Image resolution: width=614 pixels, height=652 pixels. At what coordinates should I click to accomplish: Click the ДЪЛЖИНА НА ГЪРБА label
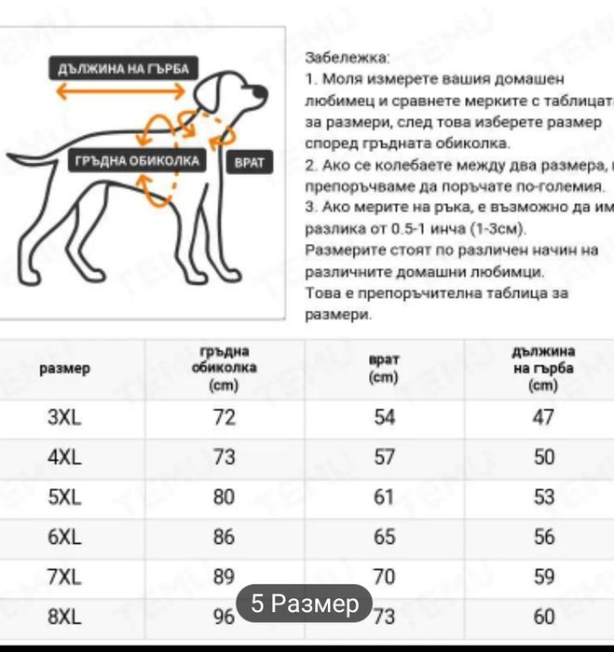pos(123,69)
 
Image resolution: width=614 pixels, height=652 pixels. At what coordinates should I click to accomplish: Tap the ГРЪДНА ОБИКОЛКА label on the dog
pos(137,161)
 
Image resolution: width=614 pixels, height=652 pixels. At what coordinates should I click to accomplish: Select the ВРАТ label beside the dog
pos(249,162)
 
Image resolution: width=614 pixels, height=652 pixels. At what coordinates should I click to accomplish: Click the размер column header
pos(65,369)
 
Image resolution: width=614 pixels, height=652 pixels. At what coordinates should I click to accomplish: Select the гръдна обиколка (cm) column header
pos(225,368)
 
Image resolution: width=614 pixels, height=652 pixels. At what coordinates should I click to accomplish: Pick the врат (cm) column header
pos(384,369)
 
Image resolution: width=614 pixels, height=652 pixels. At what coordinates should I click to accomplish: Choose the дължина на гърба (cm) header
pos(543,368)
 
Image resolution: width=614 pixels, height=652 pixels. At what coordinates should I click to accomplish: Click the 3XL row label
pos(65,417)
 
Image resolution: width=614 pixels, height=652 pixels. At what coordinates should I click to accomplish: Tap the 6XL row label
pos(65,537)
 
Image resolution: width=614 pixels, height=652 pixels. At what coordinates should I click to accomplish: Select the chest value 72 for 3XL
pos(225,417)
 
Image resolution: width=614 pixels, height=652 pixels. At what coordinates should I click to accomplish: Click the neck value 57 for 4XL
pos(385,457)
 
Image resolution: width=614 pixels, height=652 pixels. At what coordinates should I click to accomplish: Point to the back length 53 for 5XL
pos(544,496)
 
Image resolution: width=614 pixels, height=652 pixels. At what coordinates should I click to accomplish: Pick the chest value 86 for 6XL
pos(225,537)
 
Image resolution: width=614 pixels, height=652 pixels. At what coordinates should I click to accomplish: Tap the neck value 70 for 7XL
pos(385,577)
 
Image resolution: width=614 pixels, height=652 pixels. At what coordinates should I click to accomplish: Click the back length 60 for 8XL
pos(544,616)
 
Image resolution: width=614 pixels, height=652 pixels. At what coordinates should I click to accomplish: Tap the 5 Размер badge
pos(304,604)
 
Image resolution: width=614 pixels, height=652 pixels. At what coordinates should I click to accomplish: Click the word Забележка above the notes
pos(348,58)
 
